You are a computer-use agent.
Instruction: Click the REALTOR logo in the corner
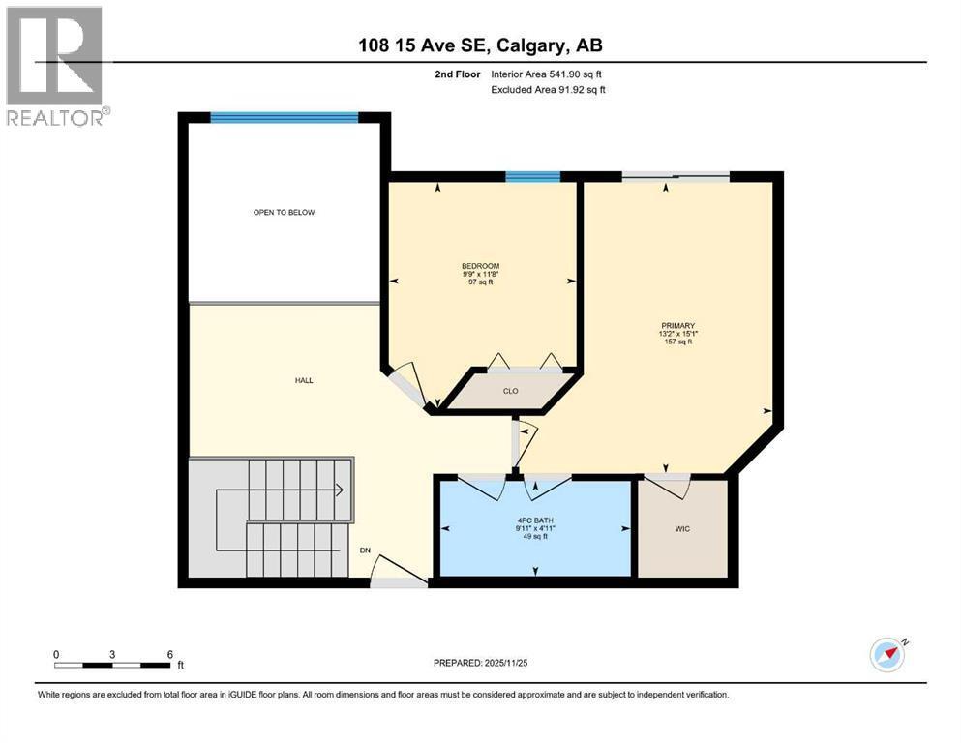pyautogui.click(x=54, y=66)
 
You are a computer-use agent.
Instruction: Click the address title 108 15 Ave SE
pyautogui.click(x=480, y=45)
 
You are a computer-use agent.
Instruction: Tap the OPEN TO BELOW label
pyautogui.click(x=284, y=212)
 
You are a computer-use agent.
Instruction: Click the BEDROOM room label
pyautogui.click(x=480, y=266)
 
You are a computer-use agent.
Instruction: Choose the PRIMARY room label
pyautogui.click(x=677, y=326)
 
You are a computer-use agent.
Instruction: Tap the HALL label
pyautogui.click(x=304, y=380)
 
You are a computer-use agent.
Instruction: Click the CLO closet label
pyautogui.click(x=510, y=391)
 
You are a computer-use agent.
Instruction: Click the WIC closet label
pyautogui.click(x=682, y=529)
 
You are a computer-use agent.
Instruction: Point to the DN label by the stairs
pyautogui.click(x=366, y=550)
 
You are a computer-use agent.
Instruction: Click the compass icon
pyautogui.click(x=886, y=655)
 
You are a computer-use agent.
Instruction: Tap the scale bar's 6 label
pyautogui.click(x=169, y=654)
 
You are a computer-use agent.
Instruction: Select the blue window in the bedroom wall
pyautogui.click(x=533, y=176)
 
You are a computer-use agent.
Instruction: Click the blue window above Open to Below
pyautogui.click(x=285, y=118)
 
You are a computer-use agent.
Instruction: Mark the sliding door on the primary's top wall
pyautogui.click(x=675, y=176)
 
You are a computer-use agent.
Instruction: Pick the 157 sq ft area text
pyautogui.click(x=677, y=342)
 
